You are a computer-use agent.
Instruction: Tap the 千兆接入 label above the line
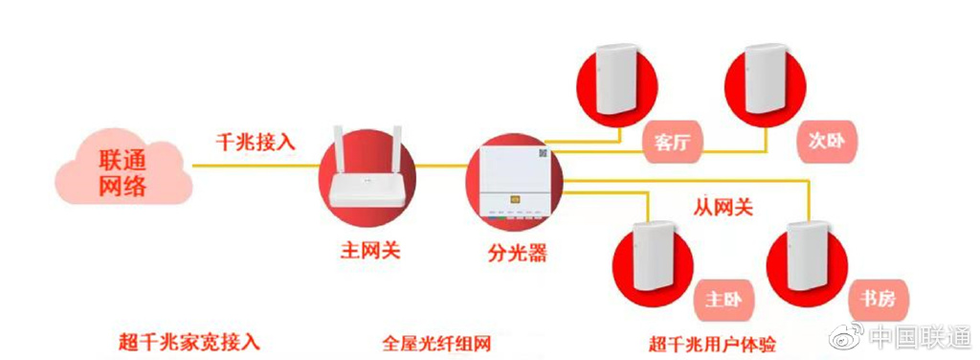point(255,141)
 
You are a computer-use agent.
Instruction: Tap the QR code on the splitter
point(543,152)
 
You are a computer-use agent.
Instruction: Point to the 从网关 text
point(723,205)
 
